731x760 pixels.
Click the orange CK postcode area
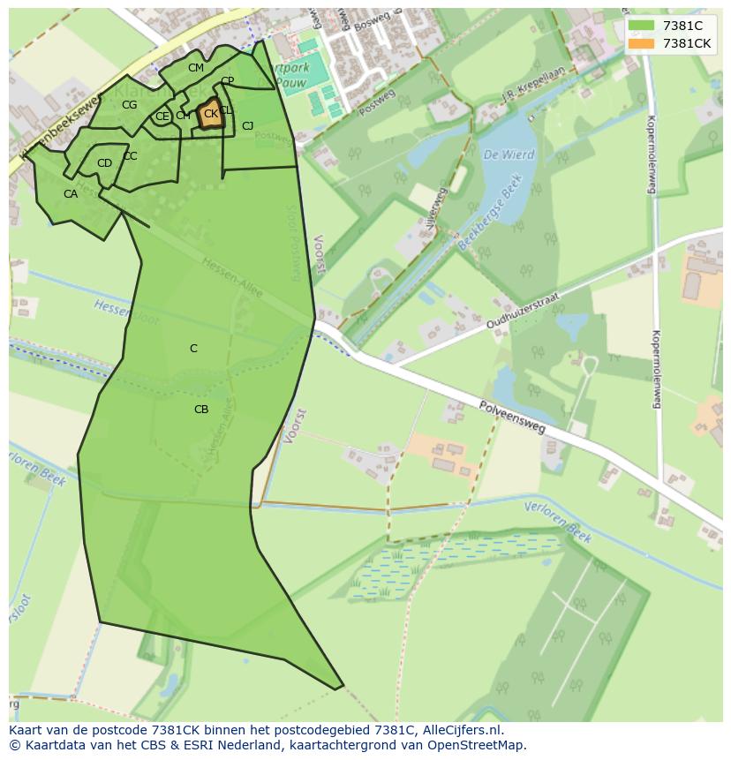(210, 115)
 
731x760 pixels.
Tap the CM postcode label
(196, 68)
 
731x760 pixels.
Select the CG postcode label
(130, 105)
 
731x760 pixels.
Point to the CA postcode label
(71, 194)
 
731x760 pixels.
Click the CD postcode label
(104, 163)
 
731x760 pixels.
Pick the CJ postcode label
(248, 126)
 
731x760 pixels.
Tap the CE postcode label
(162, 117)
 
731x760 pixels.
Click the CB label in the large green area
(201, 410)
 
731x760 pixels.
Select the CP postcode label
(228, 81)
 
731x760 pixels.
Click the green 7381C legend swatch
(641, 26)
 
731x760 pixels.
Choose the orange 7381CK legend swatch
(641, 42)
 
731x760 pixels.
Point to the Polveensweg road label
(513, 417)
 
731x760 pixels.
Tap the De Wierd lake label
(509, 154)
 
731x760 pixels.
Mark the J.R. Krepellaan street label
(531, 100)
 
